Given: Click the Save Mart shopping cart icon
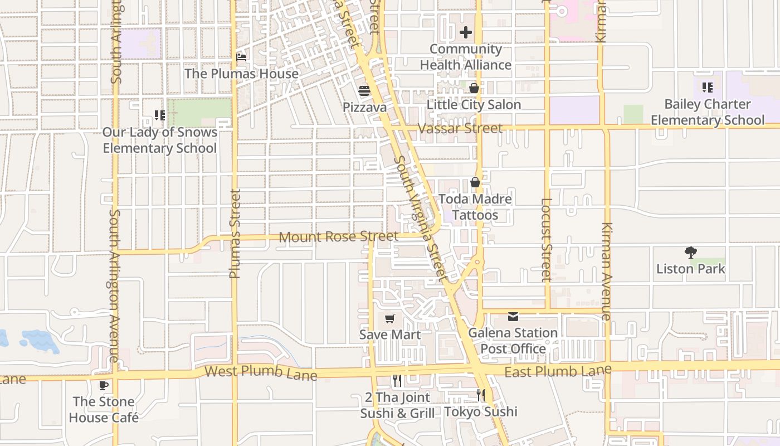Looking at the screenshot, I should coord(390,319).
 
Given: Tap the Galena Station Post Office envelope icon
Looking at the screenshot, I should coord(513,317).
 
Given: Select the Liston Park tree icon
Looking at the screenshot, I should coord(691,253).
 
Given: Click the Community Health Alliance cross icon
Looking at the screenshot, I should coord(466,32).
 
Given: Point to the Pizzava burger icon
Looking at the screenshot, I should coord(364,91).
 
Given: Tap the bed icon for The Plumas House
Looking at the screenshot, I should coord(241,57).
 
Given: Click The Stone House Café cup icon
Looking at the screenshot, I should coord(104,385).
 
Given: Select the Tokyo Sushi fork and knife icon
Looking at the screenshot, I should coord(480,395).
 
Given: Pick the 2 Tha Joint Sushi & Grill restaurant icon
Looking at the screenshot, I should coord(397,381).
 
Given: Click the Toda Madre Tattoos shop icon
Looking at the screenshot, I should coord(475,182).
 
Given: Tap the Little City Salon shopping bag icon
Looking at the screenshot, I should coord(474,88).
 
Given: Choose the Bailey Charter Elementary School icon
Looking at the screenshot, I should coord(707,88).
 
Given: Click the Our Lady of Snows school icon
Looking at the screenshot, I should coord(160,115).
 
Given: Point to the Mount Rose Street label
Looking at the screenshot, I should coord(338,237).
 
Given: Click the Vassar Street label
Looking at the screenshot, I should coord(460,128).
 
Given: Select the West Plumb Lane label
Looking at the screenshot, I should coord(261,372).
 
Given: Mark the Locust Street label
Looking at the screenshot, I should coord(547,240).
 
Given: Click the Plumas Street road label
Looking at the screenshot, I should coord(235,234).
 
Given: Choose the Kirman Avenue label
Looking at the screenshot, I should coord(606,272).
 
